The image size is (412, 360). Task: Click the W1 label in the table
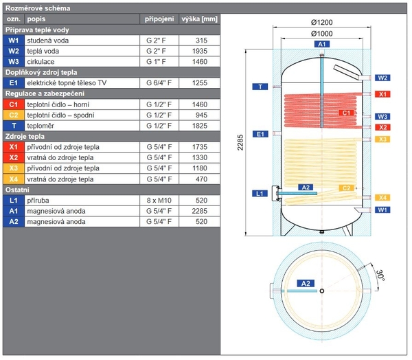(x=14, y=41)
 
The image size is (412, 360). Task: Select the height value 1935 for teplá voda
(x=200, y=51)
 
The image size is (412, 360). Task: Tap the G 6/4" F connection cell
(x=159, y=83)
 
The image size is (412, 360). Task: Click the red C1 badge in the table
(x=14, y=104)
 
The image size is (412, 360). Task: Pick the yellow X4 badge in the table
(x=14, y=179)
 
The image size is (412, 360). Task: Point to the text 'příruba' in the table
(x=38, y=201)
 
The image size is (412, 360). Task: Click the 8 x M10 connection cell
(x=159, y=201)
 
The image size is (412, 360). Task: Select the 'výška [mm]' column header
(x=199, y=19)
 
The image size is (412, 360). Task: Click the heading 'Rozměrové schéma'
(x=38, y=8)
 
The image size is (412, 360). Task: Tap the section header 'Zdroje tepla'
(x=25, y=137)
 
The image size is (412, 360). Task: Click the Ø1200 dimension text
(x=322, y=23)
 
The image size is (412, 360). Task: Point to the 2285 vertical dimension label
(x=240, y=142)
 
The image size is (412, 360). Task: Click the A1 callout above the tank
(x=322, y=44)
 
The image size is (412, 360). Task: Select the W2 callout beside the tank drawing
(x=382, y=78)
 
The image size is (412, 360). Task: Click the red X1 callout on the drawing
(x=382, y=94)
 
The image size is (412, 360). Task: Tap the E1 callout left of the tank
(x=260, y=134)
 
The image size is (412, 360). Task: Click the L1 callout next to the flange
(x=260, y=194)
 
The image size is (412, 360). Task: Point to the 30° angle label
(x=380, y=275)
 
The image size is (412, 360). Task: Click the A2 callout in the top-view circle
(x=306, y=284)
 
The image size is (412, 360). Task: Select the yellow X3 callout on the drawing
(x=382, y=139)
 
